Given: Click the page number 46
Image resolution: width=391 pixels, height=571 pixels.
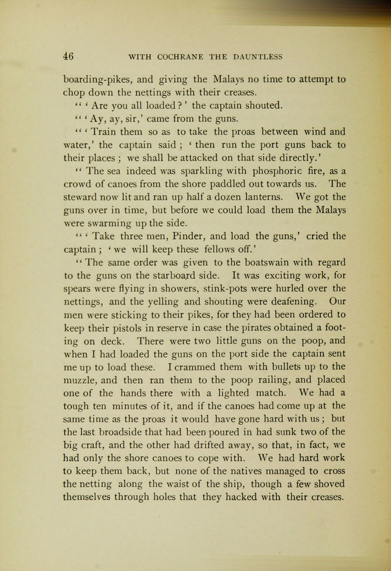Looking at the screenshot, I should click(68, 57).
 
